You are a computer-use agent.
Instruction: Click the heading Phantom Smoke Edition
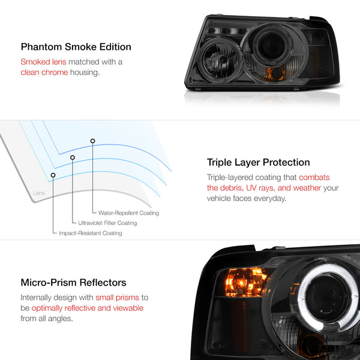(76, 47)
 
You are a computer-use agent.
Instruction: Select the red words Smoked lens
(43, 62)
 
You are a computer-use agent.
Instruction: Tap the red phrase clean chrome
(44, 73)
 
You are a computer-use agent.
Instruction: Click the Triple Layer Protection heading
(258, 163)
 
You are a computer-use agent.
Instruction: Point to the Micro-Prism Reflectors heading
(73, 283)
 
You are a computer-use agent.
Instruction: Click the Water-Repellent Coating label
(128, 213)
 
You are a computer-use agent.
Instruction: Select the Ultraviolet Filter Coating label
(107, 223)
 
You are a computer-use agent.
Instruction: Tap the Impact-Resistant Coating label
(91, 233)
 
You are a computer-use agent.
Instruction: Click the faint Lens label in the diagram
(39, 193)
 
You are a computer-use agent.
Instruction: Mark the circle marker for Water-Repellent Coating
(92, 141)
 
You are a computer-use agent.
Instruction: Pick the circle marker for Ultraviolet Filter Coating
(73, 157)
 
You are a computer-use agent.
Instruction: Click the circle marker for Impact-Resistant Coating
(53, 175)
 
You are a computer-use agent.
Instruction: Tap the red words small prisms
(118, 298)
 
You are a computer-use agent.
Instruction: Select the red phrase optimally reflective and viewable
(88, 308)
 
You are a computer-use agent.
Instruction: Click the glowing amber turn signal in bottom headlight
(245, 283)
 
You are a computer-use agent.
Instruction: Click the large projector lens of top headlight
(271, 47)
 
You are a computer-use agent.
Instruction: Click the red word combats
(314, 178)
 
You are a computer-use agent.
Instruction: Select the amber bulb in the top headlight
(275, 73)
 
